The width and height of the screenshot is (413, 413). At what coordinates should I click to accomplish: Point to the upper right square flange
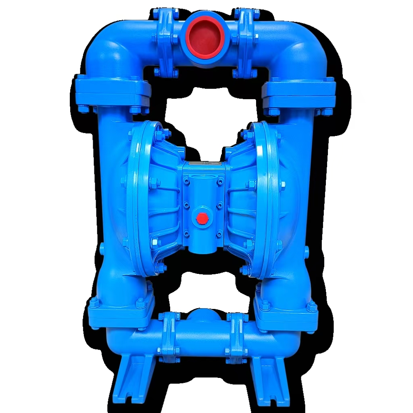[x=298, y=93]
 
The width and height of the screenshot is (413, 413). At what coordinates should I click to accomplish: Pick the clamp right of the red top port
[x=245, y=38]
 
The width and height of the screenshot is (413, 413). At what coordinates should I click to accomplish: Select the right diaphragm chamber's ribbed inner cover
[x=242, y=202]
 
